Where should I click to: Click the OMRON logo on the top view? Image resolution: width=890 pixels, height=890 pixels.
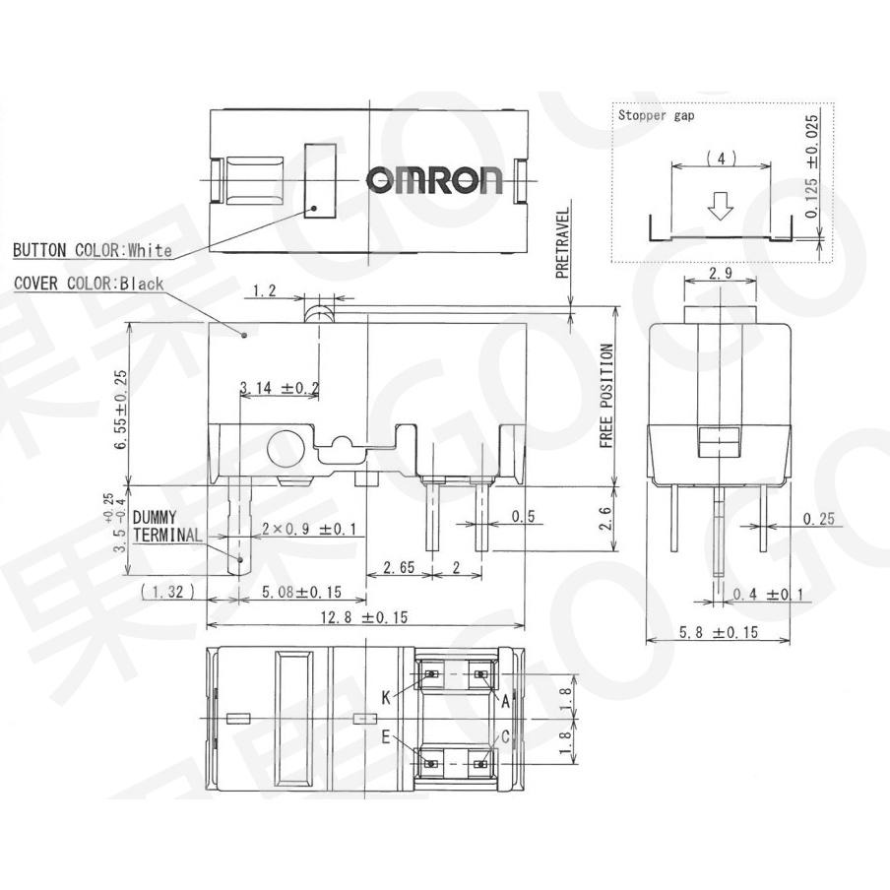click(x=434, y=179)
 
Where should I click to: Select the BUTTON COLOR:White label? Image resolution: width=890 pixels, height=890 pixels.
click(x=93, y=250)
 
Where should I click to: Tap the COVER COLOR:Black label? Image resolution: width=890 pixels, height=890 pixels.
click(x=89, y=284)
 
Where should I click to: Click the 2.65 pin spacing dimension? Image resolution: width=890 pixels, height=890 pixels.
click(x=399, y=567)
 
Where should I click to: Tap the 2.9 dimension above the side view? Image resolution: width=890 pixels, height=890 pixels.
click(x=721, y=273)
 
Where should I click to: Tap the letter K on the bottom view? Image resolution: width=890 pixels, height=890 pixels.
click(x=387, y=697)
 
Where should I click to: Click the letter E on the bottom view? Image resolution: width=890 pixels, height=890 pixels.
click(x=387, y=736)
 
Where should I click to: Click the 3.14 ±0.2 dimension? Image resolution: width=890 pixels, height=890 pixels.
click(x=280, y=389)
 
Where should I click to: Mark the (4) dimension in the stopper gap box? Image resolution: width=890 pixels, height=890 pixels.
click(x=722, y=158)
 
